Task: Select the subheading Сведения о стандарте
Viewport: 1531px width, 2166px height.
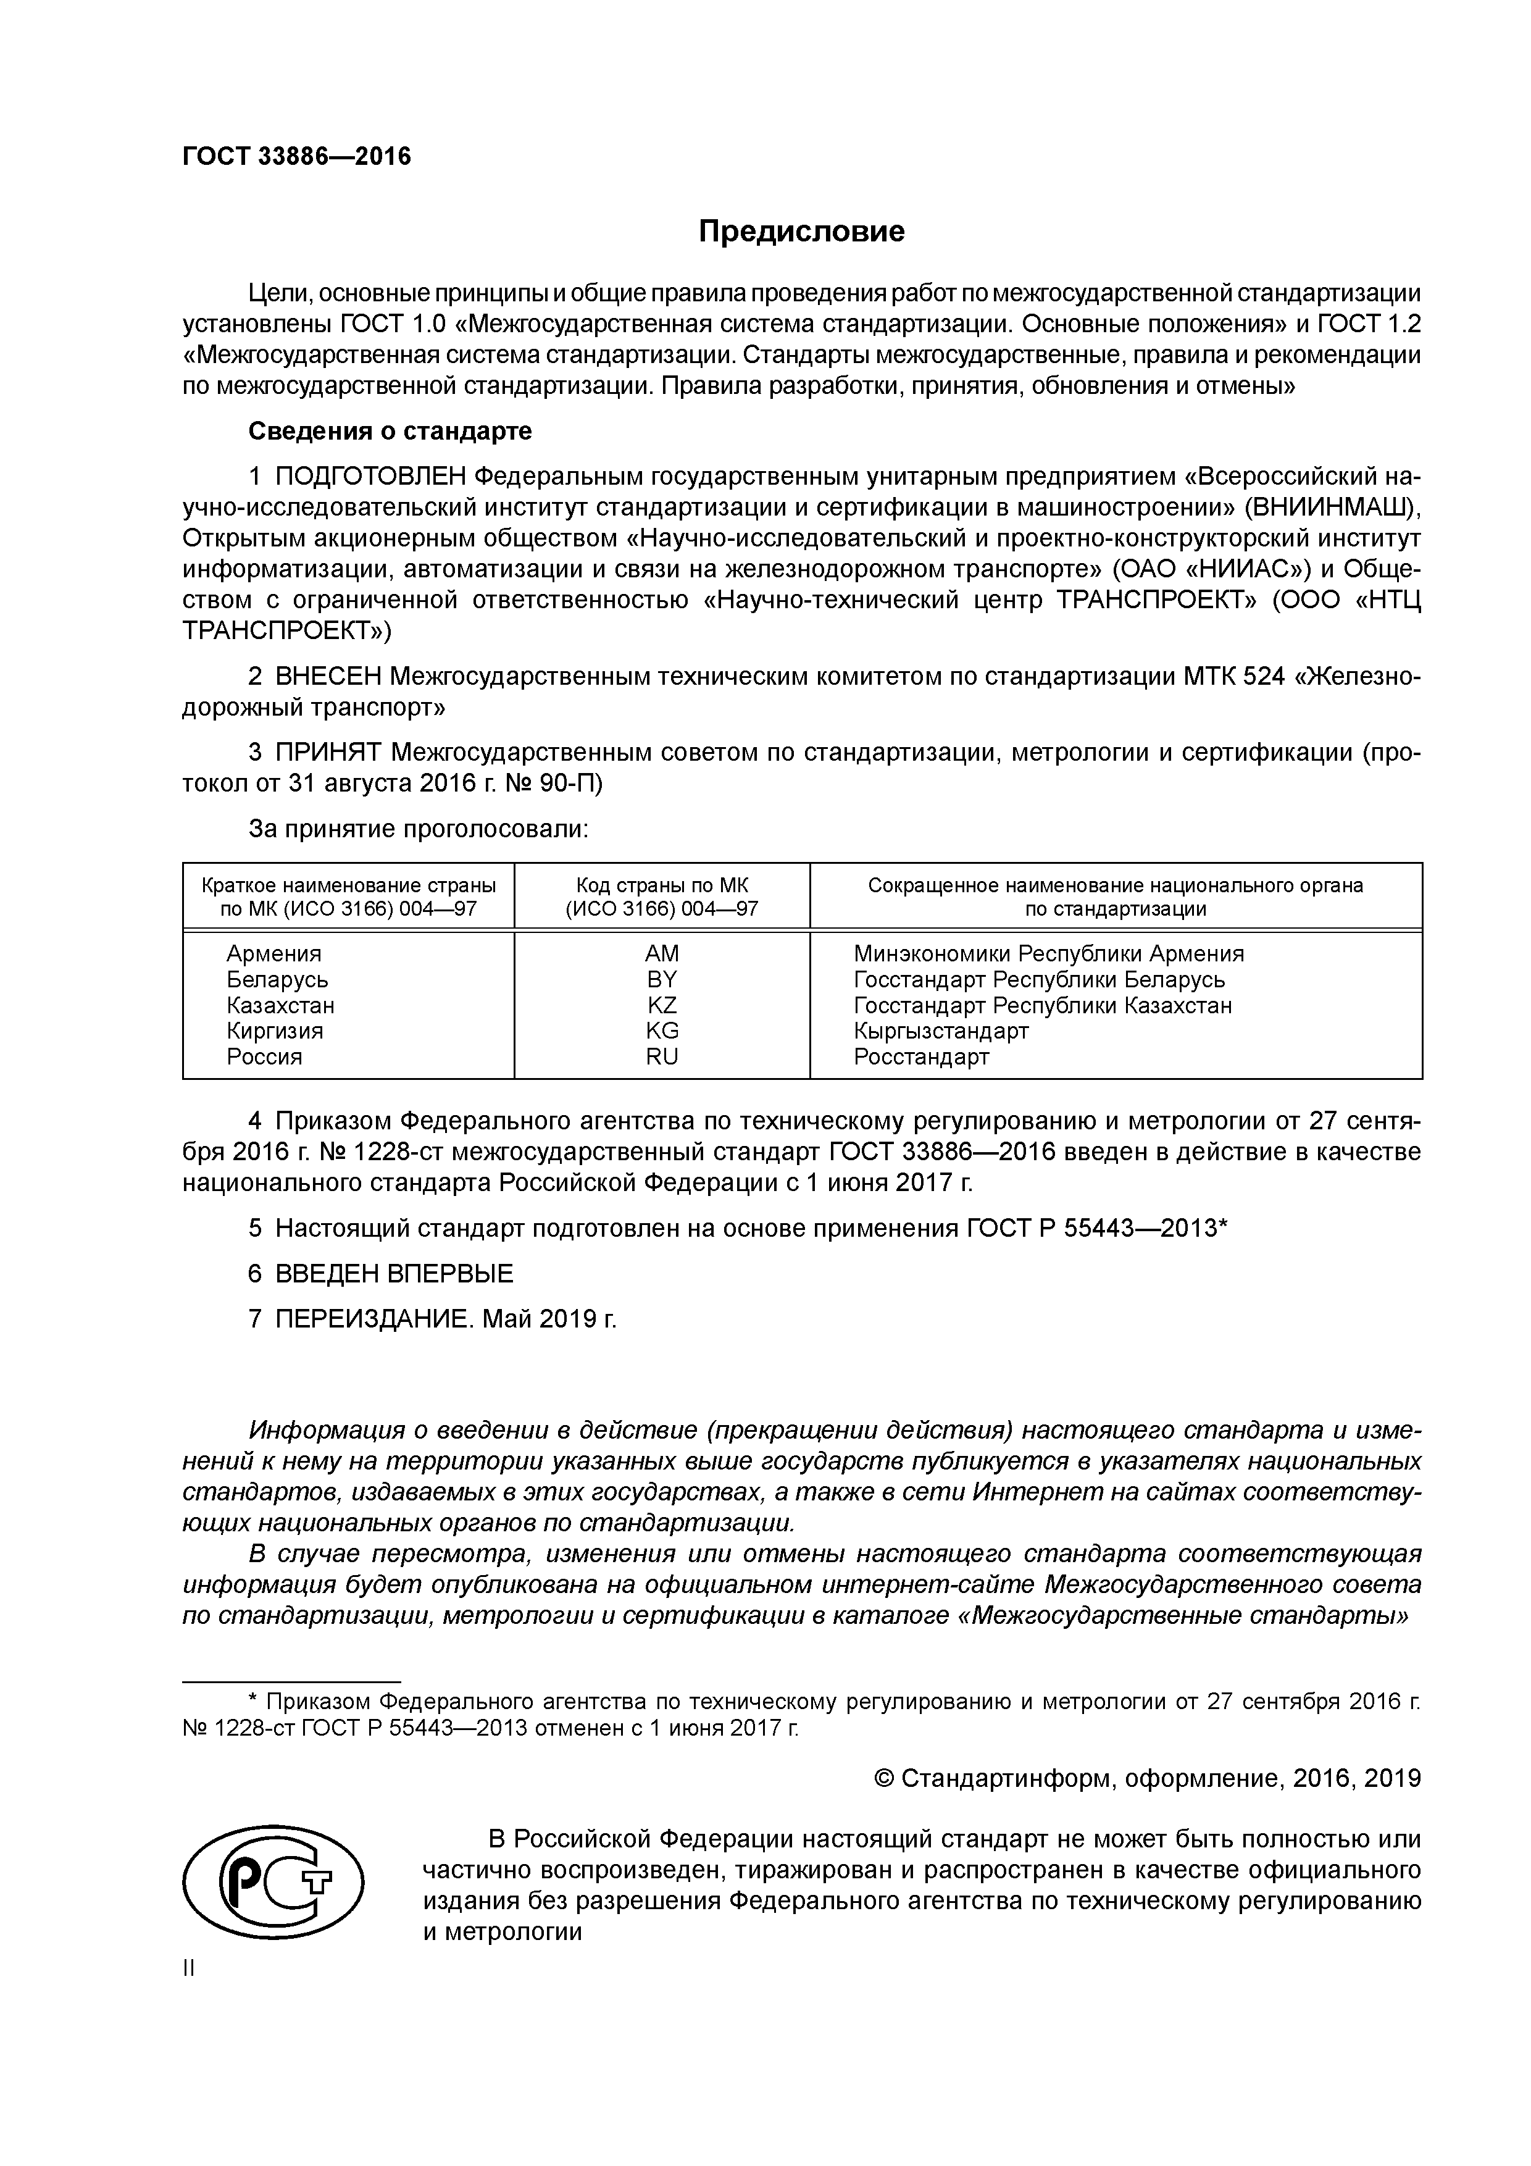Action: point(390,431)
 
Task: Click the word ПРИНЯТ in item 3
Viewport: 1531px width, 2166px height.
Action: point(328,752)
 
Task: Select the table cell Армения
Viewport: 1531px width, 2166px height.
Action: point(273,954)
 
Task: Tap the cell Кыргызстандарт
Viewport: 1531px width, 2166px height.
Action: point(940,1031)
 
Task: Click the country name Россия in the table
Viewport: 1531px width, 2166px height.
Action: point(264,1056)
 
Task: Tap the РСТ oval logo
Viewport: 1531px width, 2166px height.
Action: point(273,1884)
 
